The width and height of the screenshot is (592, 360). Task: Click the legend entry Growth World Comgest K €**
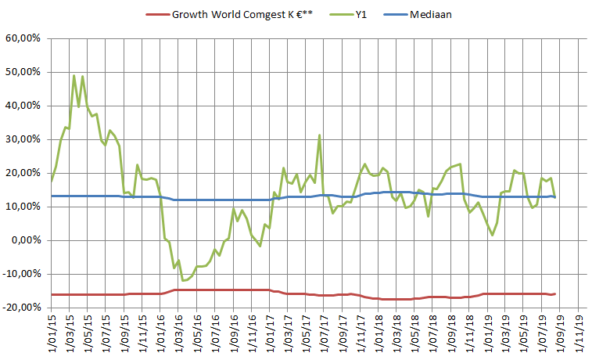242,13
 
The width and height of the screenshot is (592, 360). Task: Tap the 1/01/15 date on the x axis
52,332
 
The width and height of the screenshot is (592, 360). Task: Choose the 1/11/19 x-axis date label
579,332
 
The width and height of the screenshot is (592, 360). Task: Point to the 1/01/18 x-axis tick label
380,332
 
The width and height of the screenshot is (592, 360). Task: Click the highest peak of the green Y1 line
74,76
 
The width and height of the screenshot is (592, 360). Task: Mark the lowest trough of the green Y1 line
183,280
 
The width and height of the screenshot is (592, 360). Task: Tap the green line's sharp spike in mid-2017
319,135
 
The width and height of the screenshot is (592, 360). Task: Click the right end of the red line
554,293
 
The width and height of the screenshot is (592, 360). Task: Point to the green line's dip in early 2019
492,235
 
